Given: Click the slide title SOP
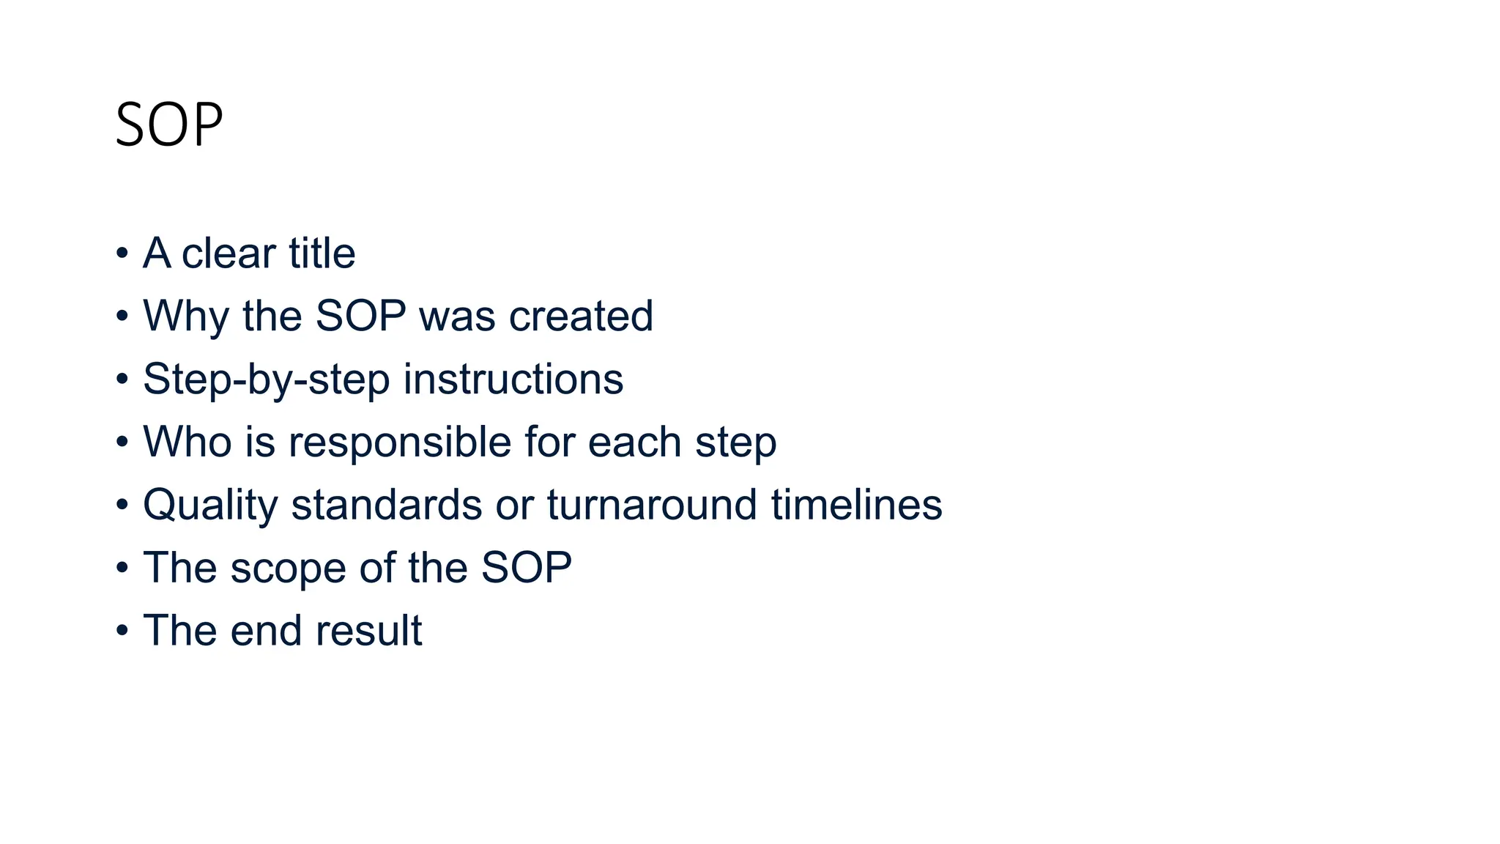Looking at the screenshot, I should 169,125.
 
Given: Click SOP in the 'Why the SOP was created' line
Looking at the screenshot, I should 360,316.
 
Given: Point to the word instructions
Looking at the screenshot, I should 513,380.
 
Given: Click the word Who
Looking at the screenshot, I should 187,443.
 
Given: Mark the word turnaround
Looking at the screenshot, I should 652,506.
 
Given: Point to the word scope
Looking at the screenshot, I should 288,569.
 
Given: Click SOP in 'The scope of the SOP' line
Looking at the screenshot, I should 526,569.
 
